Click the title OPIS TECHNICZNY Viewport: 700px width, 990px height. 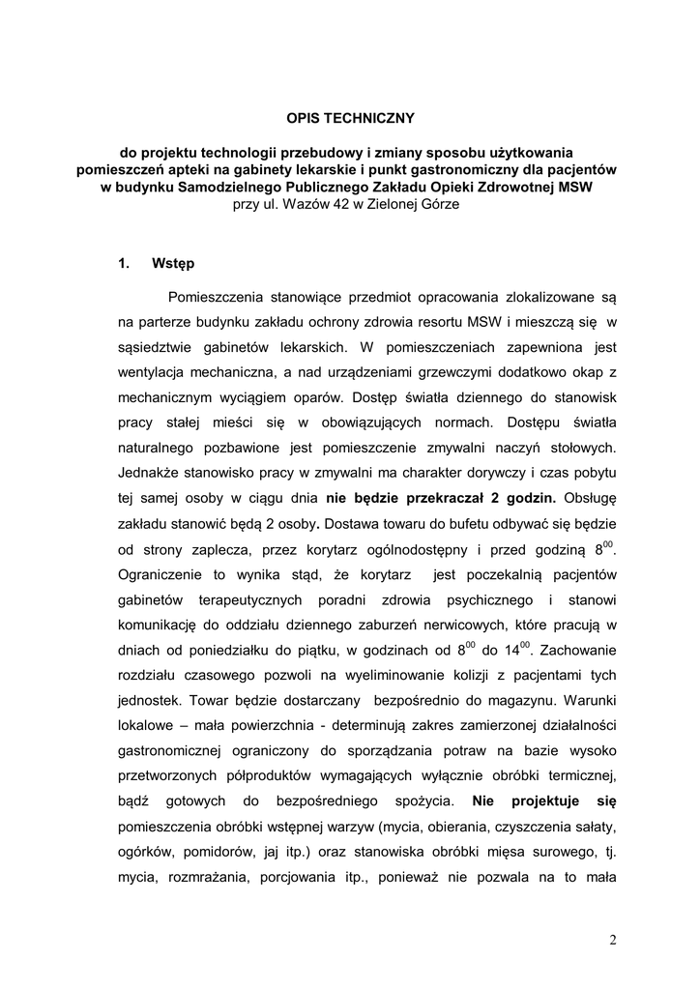349,118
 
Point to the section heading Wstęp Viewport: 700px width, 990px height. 173,263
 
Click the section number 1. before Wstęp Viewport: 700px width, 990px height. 123,263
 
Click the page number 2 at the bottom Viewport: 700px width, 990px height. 613,941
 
